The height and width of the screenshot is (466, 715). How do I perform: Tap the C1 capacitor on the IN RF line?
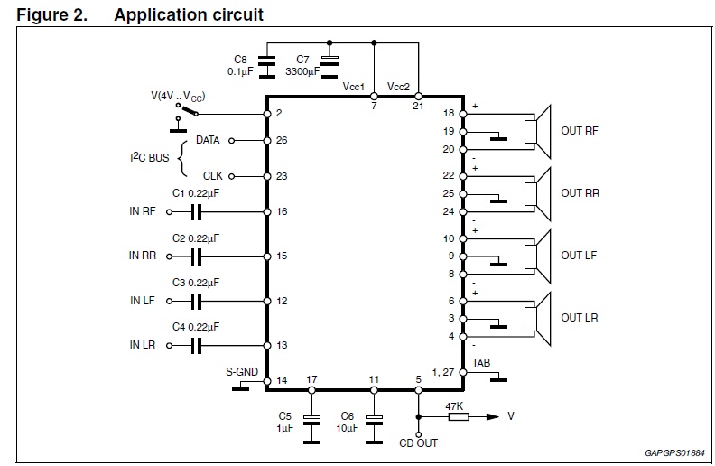tap(197, 212)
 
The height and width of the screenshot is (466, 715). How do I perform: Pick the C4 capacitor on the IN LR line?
tap(197, 345)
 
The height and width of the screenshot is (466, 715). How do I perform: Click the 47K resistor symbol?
tap(456, 416)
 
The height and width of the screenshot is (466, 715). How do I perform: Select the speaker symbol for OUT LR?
tap(540, 318)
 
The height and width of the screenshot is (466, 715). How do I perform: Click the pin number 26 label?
tap(281, 141)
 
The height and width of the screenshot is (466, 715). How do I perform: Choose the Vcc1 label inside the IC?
tap(353, 87)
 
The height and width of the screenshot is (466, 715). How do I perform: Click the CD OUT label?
tap(418, 443)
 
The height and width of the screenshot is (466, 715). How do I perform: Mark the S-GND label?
tap(241, 370)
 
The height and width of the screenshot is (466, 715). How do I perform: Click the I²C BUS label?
tap(150, 158)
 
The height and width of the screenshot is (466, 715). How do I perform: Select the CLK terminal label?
tap(212, 176)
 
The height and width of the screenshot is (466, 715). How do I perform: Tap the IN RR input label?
tap(142, 256)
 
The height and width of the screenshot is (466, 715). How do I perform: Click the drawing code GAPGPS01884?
tap(674, 452)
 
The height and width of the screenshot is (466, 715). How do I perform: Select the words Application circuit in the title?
tap(189, 14)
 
